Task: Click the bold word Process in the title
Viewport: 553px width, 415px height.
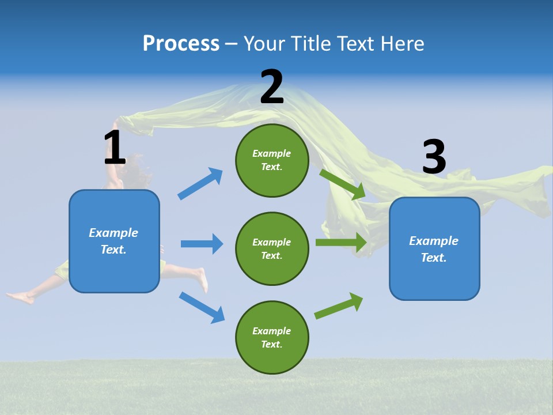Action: click(181, 44)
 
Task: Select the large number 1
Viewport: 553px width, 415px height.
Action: click(115, 148)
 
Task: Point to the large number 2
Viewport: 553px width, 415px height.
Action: click(272, 87)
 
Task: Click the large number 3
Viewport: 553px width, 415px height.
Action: click(434, 157)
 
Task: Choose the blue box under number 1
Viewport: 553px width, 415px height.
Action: click(114, 241)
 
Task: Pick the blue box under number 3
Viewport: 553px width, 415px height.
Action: click(434, 248)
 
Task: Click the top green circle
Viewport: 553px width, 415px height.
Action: click(272, 160)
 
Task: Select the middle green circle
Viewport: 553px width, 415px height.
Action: click(272, 248)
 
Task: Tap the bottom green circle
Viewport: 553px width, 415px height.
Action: click(272, 337)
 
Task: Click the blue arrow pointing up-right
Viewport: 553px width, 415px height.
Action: click(200, 183)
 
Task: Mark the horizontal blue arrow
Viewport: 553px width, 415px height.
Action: click(202, 244)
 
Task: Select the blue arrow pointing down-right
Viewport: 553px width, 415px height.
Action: click(202, 307)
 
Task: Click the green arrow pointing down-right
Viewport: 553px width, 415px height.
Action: click(343, 184)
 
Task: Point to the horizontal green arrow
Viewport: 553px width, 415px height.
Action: click(341, 242)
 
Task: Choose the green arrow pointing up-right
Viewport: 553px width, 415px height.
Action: click(339, 305)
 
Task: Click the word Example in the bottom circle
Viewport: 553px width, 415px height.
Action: click(272, 331)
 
